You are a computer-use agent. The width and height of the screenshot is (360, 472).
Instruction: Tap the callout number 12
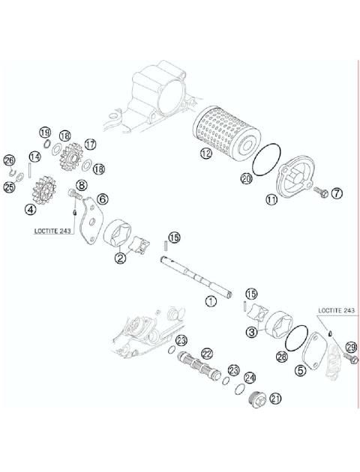(x=205, y=156)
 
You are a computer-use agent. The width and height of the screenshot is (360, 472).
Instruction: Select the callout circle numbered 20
(x=246, y=178)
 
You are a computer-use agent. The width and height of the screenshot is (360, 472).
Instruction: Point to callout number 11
(x=271, y=200)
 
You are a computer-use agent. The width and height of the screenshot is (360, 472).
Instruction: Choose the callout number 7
(x=337, y=193)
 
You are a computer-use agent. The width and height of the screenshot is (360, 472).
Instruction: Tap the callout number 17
(x=91, y=144)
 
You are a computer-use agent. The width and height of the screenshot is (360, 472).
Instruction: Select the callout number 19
(x=45, y=133)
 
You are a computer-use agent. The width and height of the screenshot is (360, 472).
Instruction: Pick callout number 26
(x=9, y=160)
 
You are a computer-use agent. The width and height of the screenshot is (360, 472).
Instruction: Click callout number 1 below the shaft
(x=211, y=300)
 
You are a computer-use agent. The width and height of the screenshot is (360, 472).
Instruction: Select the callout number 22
(x=207, y=353)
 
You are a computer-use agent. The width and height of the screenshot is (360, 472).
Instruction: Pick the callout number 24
(x=250, y=378)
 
